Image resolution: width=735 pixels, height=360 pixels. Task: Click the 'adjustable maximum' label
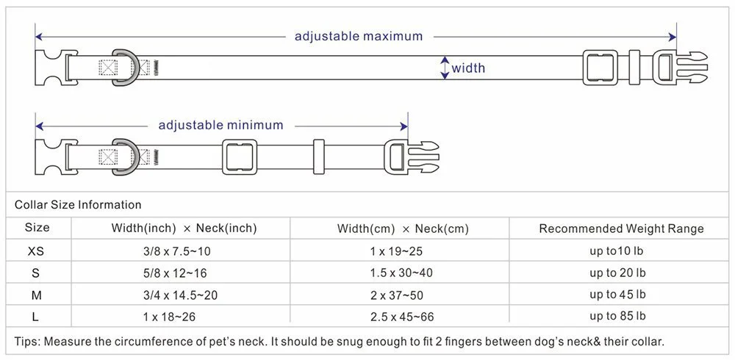[x=358, y=36]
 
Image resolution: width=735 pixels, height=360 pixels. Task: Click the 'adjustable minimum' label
[x=220, y=125]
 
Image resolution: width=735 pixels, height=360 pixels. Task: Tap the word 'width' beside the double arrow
[x=468, y=68]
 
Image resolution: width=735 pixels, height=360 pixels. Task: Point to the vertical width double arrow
[x=445, y=68]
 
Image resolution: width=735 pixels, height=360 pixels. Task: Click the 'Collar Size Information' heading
[x=78, y=205]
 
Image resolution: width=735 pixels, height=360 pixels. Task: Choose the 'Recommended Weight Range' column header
[x=622, y=228]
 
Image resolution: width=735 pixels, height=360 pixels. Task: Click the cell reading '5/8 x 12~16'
[x=175, y=273]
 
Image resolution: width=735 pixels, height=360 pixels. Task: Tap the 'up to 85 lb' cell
[x=618, y=316]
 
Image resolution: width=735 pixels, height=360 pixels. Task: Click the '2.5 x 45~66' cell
[x=402, y=317]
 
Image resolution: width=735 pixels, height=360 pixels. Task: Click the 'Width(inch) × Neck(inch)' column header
[x=184, y=228]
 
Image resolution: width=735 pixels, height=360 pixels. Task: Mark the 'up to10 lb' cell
[x=617, y=251]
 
